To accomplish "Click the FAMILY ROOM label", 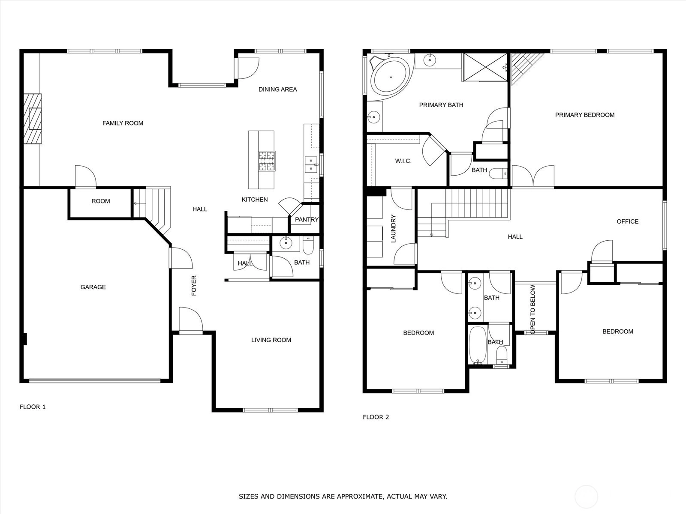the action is tap(123, 123).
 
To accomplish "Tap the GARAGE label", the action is tap(93, 287).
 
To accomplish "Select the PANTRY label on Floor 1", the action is tap(307, 220).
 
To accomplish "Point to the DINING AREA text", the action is tap(277, 90).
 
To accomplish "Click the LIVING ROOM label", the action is tap(271, 340).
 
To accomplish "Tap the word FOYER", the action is tap(194, 286).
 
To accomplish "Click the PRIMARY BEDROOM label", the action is tap(585, 115).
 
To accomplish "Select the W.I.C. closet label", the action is tap(403, 161).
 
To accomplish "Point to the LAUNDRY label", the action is tap(393, 228).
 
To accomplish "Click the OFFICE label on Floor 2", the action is tap(628, 221).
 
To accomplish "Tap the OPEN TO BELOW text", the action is tap(533, 310).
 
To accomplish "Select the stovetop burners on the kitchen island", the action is tap(267, 161).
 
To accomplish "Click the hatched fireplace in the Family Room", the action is tap(33, 119).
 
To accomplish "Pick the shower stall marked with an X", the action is tap(485, 67).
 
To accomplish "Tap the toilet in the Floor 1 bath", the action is tap(308, 245).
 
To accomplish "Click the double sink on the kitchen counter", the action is tap(311, 164).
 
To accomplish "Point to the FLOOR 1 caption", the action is tap(33, 407).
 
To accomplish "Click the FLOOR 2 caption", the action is tap(376, 417).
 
